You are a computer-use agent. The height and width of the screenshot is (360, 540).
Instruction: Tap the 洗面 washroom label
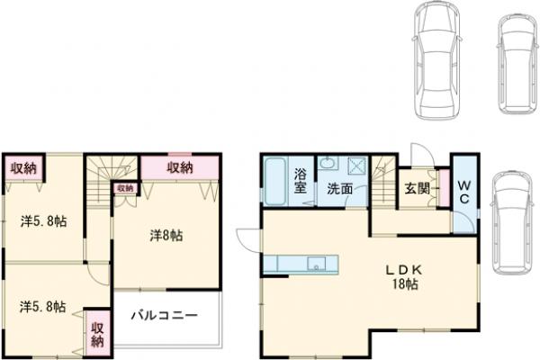[x=339, y=190]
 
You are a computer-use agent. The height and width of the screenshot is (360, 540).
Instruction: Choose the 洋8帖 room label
[x=166, y=235]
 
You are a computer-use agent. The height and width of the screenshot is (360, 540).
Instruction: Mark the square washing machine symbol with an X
[x=355, y=166]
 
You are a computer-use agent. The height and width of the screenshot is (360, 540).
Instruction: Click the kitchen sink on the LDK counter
[x=315, y=264]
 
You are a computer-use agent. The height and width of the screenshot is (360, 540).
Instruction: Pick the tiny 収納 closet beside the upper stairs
[x=124, y=188]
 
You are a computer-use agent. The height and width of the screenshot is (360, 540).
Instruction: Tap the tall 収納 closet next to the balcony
[x=97, y=333]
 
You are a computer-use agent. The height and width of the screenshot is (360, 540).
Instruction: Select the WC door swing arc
[x=460, y=220]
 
